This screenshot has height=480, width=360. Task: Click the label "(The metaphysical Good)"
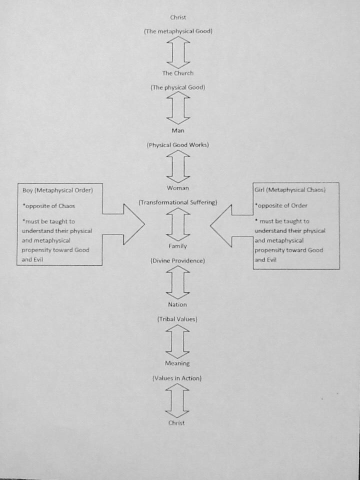(178, 31)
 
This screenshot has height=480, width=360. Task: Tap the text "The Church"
(178, 73)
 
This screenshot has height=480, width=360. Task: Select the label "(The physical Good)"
(178, 87)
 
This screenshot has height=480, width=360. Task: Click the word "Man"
(178, 130)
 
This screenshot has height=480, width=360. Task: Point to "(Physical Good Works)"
(178, 145)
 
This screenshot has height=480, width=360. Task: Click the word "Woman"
(178, 188)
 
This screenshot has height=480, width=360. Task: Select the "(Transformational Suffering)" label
(178, 202)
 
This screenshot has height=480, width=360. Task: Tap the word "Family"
(178, 246)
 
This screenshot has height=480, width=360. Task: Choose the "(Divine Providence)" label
(178, 260)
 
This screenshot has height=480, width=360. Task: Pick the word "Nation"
(178, 304)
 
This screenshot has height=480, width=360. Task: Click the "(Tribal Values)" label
(177, 319)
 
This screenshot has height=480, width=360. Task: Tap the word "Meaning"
(177, 363)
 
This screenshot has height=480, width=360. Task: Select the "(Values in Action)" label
(177, 378)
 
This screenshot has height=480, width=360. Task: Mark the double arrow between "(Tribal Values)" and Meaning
(177, 341)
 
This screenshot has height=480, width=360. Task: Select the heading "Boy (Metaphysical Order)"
(57, 190)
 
